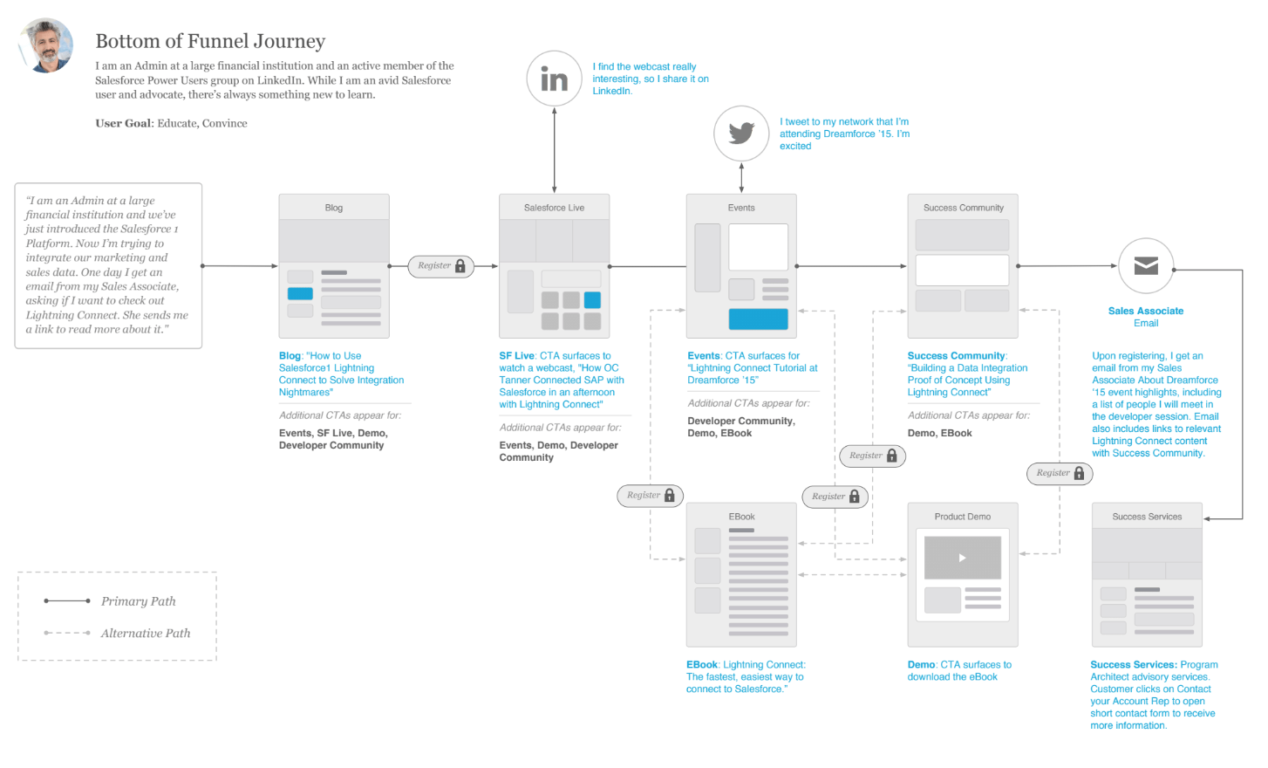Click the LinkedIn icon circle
pyautogui.click(x=554, y=79)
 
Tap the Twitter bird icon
pyautogui.click(x=741, y=133)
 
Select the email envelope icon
pyautogui.click(x=1146, y=266)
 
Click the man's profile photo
pyautogui.click(x=47, y=45)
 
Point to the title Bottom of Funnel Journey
pyautogui.click(x=210, y=41)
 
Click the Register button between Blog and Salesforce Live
pyautogui.click(x=441, y=266)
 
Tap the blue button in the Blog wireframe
pyautogui.click(x=300, y=294)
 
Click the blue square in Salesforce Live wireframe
pyautogui.click(x=592, y=300)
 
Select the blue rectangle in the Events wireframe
pyautogui.click(x=758, y=319)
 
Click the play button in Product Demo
pyautogui.click(x=962, y=558)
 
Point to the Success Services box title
pyautogui.click(x=1147, y=517)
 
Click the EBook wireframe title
pyautogui.click(x=741, y=517)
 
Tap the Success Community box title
pyautogui.click(x=963, y=208)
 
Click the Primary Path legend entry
pyautogui.click(x=138, y=601)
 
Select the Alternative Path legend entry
pyautogui.click(x=145, y=634)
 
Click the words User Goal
pyautogui.click(x=123, y=123)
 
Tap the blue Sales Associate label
pyautogui.click(x=1146, y=311)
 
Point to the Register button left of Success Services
pyautogui.click(x=1060, y=473)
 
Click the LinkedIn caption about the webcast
pyautogui.click(x=650, y=79)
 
